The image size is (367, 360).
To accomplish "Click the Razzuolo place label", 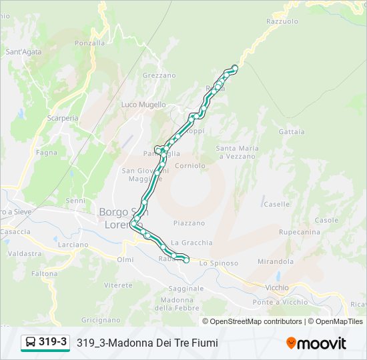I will [x=282, y=21].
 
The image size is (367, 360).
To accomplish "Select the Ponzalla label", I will [x=90, y=43].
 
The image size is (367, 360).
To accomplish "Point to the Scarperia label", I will [x=63, y=118].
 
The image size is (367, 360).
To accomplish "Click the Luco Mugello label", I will [x=143, y=105].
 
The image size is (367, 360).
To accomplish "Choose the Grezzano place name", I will [x=159, y=75].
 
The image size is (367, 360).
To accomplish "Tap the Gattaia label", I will [x=292, y=132].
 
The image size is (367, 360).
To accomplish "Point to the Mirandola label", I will [x=276, y=261].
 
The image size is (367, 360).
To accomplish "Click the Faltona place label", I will [x=44, y=273].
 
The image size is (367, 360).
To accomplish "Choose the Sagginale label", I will [x=186, y=288].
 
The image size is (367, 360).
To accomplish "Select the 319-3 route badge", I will [x=45, y=343].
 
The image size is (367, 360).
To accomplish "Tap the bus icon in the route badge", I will [x=31, y=343].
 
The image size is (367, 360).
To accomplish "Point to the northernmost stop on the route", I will [x=235, y=67].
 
